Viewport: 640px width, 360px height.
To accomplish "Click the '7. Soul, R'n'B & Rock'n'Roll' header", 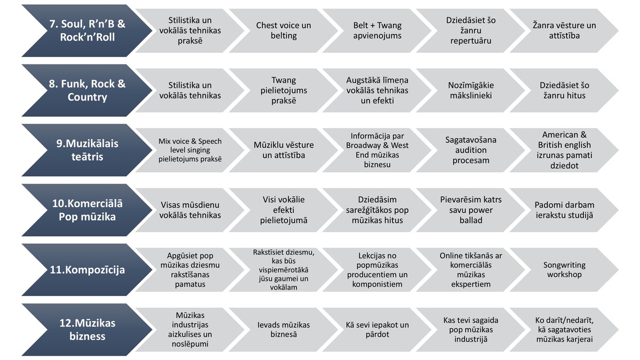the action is pyautogui.click(x=87, y=30).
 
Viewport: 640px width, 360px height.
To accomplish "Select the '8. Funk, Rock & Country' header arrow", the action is pyautogui.click(x=87, y=90).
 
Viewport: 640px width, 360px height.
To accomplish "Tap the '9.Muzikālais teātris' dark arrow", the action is pyautogui.click(x=87, y=150).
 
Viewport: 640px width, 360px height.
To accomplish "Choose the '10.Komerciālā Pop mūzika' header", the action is pyautogui.click(x=87, y=210).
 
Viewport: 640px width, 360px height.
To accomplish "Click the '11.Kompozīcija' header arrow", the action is pyautogui.click(x=87, y=270).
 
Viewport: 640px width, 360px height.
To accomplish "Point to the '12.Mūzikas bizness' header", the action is pyautogui.click(x=87, y=330).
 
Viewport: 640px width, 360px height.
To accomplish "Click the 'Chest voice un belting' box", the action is pyautogui.click(x=283, y=30).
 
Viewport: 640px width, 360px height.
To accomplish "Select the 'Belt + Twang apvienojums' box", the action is pyautogui.click(x=377, y=30).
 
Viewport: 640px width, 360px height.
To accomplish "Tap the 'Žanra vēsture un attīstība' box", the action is pyautogui.click(x=564, y=30).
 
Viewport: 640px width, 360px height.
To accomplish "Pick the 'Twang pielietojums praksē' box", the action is pyautogui.click(x=283, y=90).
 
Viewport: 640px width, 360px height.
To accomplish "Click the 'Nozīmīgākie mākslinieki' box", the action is pyautogui.click(x=471, y=90).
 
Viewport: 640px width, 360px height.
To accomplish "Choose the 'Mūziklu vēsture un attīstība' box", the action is pyautogui.click(x=283, y=150).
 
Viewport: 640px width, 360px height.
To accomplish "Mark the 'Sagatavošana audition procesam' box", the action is pyautogui.click(x=471, y=150).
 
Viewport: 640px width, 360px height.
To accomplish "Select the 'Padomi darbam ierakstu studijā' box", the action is pyautogui.click(x=564, y=210).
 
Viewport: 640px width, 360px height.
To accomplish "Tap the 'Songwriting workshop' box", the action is pyautogui.click(x=564, y=270).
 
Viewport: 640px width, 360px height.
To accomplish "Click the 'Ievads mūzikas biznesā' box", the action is pyautogui.click(x=283, y=330).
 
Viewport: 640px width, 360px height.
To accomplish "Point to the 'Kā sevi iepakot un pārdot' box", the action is pyautogui.click(x=377, y=330).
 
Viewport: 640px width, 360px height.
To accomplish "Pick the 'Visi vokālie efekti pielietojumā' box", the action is pyautogui.click(x=283, y=210).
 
